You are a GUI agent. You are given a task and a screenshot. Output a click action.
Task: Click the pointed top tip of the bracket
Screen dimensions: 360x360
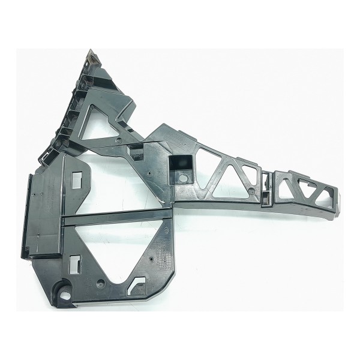92,53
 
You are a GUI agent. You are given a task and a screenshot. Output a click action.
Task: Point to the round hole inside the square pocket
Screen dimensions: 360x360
181,179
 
